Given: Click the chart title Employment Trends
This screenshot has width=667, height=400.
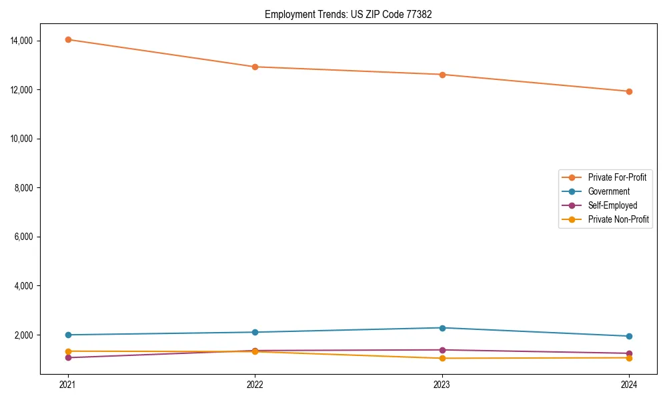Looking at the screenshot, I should (348, 14).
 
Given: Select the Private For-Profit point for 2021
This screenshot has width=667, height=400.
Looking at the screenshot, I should (68, 39).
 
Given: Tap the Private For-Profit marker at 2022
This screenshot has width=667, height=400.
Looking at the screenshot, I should (255, 67).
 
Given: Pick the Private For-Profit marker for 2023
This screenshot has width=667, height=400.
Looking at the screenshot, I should (442, 75).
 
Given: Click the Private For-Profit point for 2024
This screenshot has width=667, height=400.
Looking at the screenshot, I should (629, 91).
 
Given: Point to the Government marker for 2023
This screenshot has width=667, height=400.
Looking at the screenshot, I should (442, 328).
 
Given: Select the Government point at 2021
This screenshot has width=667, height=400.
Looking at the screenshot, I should (68, 335).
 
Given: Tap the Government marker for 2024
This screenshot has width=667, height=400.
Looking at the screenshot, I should (629, 336).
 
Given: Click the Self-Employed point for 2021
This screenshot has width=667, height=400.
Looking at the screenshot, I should (68, 357).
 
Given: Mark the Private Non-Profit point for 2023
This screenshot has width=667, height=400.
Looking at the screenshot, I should (442, 358).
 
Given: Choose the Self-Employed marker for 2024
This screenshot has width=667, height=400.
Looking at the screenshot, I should (629, 353).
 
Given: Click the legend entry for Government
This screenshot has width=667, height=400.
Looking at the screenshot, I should (608, 191).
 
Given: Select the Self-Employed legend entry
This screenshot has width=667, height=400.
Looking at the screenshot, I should (612, 205).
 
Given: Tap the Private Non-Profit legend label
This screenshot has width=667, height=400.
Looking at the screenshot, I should (618, 219).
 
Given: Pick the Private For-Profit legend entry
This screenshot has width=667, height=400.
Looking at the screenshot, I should (617, 177).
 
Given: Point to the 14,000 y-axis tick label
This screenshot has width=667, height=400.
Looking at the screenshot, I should (22, 41).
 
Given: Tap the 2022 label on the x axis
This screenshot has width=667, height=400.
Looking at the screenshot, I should (255, 384).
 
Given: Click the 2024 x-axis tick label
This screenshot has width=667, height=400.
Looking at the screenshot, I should (629, 384).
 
